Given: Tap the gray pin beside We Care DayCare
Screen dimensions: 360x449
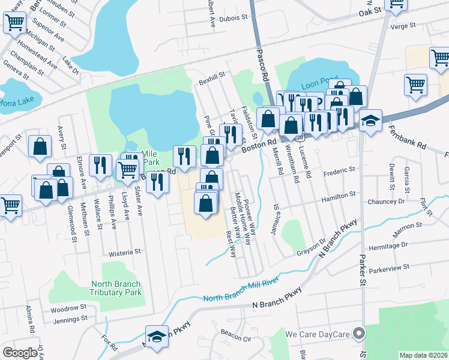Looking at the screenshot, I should coord(359,333).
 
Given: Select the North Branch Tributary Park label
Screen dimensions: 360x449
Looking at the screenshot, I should coord(116,288).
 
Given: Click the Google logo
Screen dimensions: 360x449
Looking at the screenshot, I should coord(20,352).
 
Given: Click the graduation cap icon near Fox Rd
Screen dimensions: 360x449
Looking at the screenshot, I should coord(157,337).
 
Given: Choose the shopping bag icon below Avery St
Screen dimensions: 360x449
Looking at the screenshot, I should coord(40,146).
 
